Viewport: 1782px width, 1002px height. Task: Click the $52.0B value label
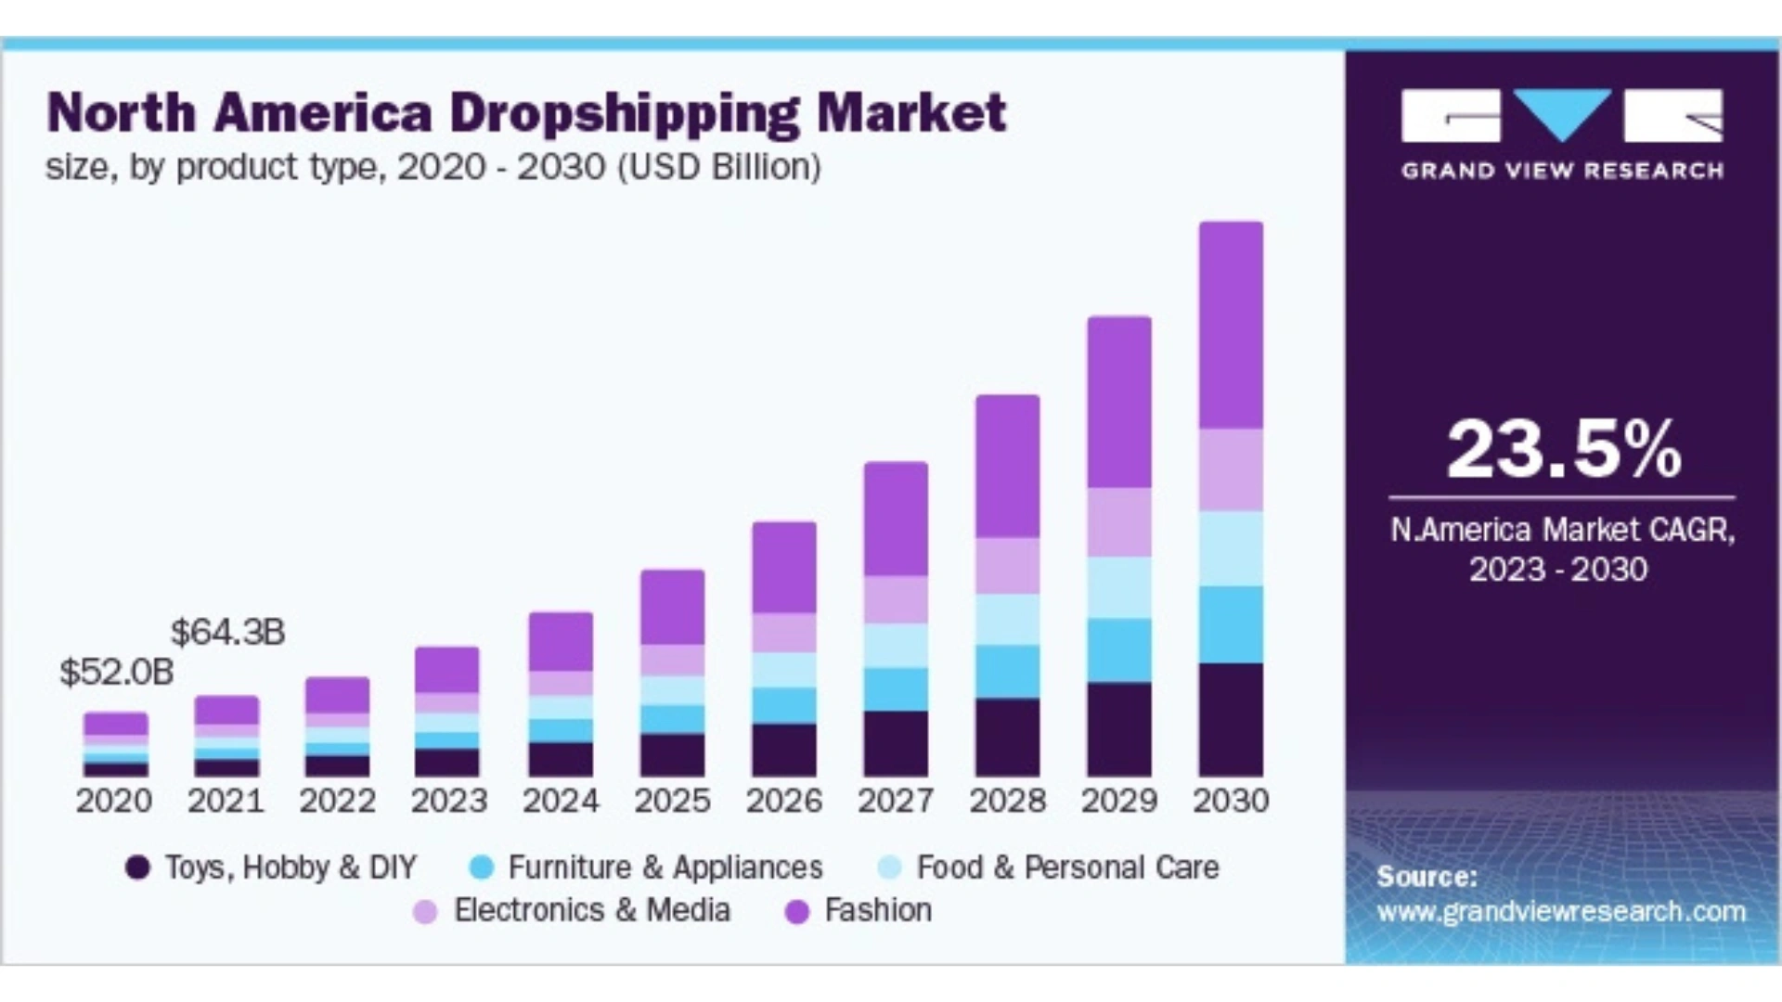coord(116,672)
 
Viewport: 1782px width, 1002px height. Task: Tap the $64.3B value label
coord(227,632)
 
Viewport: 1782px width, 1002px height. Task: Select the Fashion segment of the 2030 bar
coord(1231,325)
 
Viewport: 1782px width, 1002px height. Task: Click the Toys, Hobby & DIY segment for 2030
coord(1231,719)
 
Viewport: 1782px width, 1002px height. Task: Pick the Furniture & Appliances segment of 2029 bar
coord(1119,650)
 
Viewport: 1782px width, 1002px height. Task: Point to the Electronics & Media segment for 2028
coord(1007,565)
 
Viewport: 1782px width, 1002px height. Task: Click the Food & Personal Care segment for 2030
coord(1231,548)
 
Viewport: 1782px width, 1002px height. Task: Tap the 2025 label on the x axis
coord(672,800)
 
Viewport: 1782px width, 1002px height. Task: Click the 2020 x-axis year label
coord(114,800)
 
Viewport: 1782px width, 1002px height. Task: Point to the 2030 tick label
coord(1231,800)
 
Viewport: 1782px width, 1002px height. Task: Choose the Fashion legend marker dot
coord(796,912)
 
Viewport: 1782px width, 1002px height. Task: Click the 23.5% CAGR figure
coord(1564,450)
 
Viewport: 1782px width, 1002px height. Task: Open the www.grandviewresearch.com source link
coord(1561,911)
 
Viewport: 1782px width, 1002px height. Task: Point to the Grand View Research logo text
coord(1562,171)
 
